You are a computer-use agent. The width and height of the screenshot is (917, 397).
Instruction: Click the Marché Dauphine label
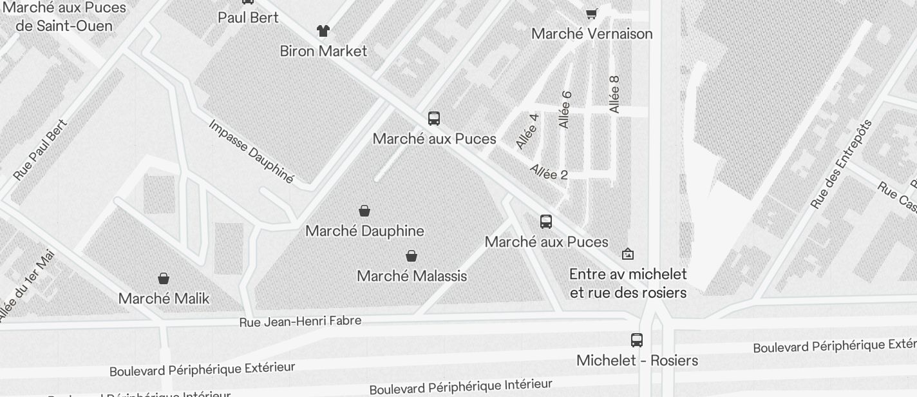click(364, 231)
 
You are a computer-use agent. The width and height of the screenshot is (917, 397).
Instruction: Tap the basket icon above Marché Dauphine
click(364, 211)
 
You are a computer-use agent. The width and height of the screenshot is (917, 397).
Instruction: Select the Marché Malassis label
click(411, 276)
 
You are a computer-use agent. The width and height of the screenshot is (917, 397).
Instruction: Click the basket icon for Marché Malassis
click(411, 256)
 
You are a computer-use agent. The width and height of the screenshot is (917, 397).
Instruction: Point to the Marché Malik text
click(164, 298)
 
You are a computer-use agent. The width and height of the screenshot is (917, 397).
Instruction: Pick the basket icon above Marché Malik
click(164, 278)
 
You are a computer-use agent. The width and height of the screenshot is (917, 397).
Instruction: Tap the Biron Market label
click(323, 51)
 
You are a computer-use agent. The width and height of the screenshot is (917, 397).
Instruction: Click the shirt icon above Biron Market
click(323, 30)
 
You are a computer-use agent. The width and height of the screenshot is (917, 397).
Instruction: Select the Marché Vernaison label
click(592, 34)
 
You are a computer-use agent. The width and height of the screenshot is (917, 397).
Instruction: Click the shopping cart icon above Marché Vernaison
click(591, 14)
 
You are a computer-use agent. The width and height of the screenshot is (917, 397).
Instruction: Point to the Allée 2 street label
click(549, 172)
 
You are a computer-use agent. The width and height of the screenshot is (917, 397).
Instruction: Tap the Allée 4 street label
click(527, 131)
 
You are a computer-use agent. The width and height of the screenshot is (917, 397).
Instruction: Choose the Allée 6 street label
click(565, 110)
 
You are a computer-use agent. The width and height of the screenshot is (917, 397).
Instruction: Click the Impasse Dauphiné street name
click(251, 151)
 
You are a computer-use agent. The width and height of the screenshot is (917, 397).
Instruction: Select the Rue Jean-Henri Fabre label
click(300, 321)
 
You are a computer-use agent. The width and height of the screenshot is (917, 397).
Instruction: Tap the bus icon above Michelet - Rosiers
click(637, 340)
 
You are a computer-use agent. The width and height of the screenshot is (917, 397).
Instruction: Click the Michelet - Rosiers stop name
click(637, 360)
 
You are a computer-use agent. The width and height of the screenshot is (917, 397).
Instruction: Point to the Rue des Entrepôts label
click(841, 164)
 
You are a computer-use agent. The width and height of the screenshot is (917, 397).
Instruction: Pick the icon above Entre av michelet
click(628, 254)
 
